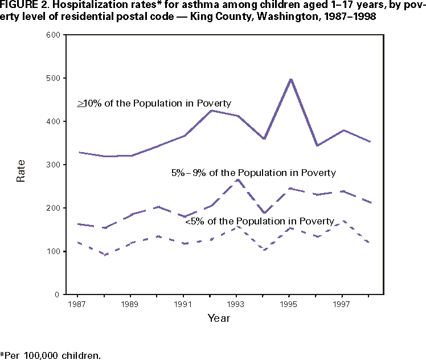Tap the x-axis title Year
point(219,318)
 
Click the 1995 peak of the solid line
point(291,79)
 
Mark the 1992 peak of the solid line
point(211,111)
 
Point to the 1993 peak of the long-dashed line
point(237,179)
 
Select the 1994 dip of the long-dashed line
point(264,213)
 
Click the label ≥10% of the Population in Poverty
point(154,103)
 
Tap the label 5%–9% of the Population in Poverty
point(253,172)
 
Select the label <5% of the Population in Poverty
point(260,221)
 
